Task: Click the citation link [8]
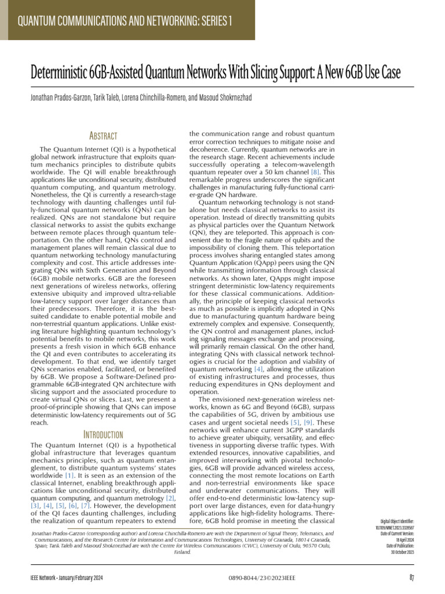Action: pos(315,173)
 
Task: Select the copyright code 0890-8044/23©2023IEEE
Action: pos(254,577)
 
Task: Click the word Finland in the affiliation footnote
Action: pos(183,553)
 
